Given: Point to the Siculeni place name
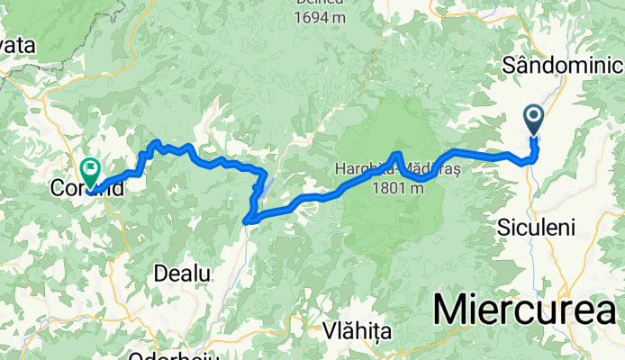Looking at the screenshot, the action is click(x=536, y=229).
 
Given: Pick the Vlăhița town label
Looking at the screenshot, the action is click(x=359, y=331).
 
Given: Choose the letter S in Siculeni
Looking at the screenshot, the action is click(x=503, y=229).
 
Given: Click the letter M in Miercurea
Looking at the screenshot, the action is click(x=453, y=309).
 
